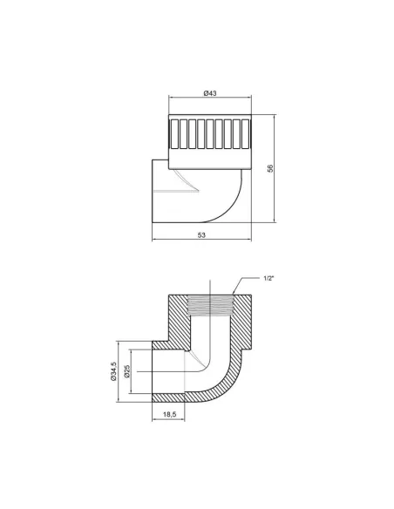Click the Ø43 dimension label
[210, 93]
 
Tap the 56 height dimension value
[270, 168]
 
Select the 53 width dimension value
[201, 235]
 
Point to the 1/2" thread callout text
[269, 278]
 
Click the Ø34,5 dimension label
[113, 371]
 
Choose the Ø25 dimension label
[127, 371]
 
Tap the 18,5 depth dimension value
[169, 414]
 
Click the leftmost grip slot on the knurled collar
[175, 134]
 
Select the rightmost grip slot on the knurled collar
[246, 134]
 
